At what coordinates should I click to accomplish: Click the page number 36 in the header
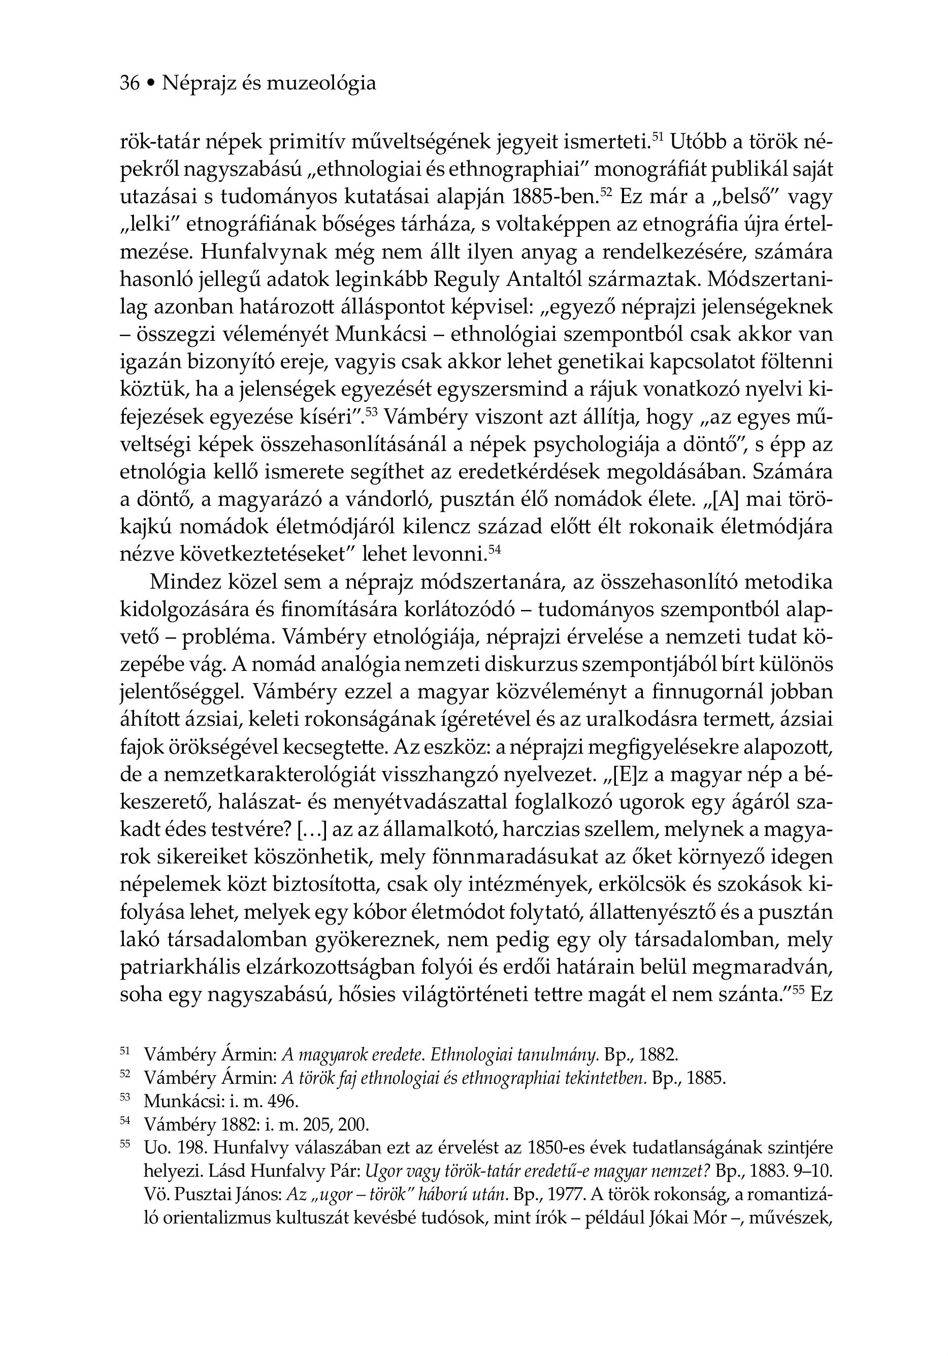click(129, 83)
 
